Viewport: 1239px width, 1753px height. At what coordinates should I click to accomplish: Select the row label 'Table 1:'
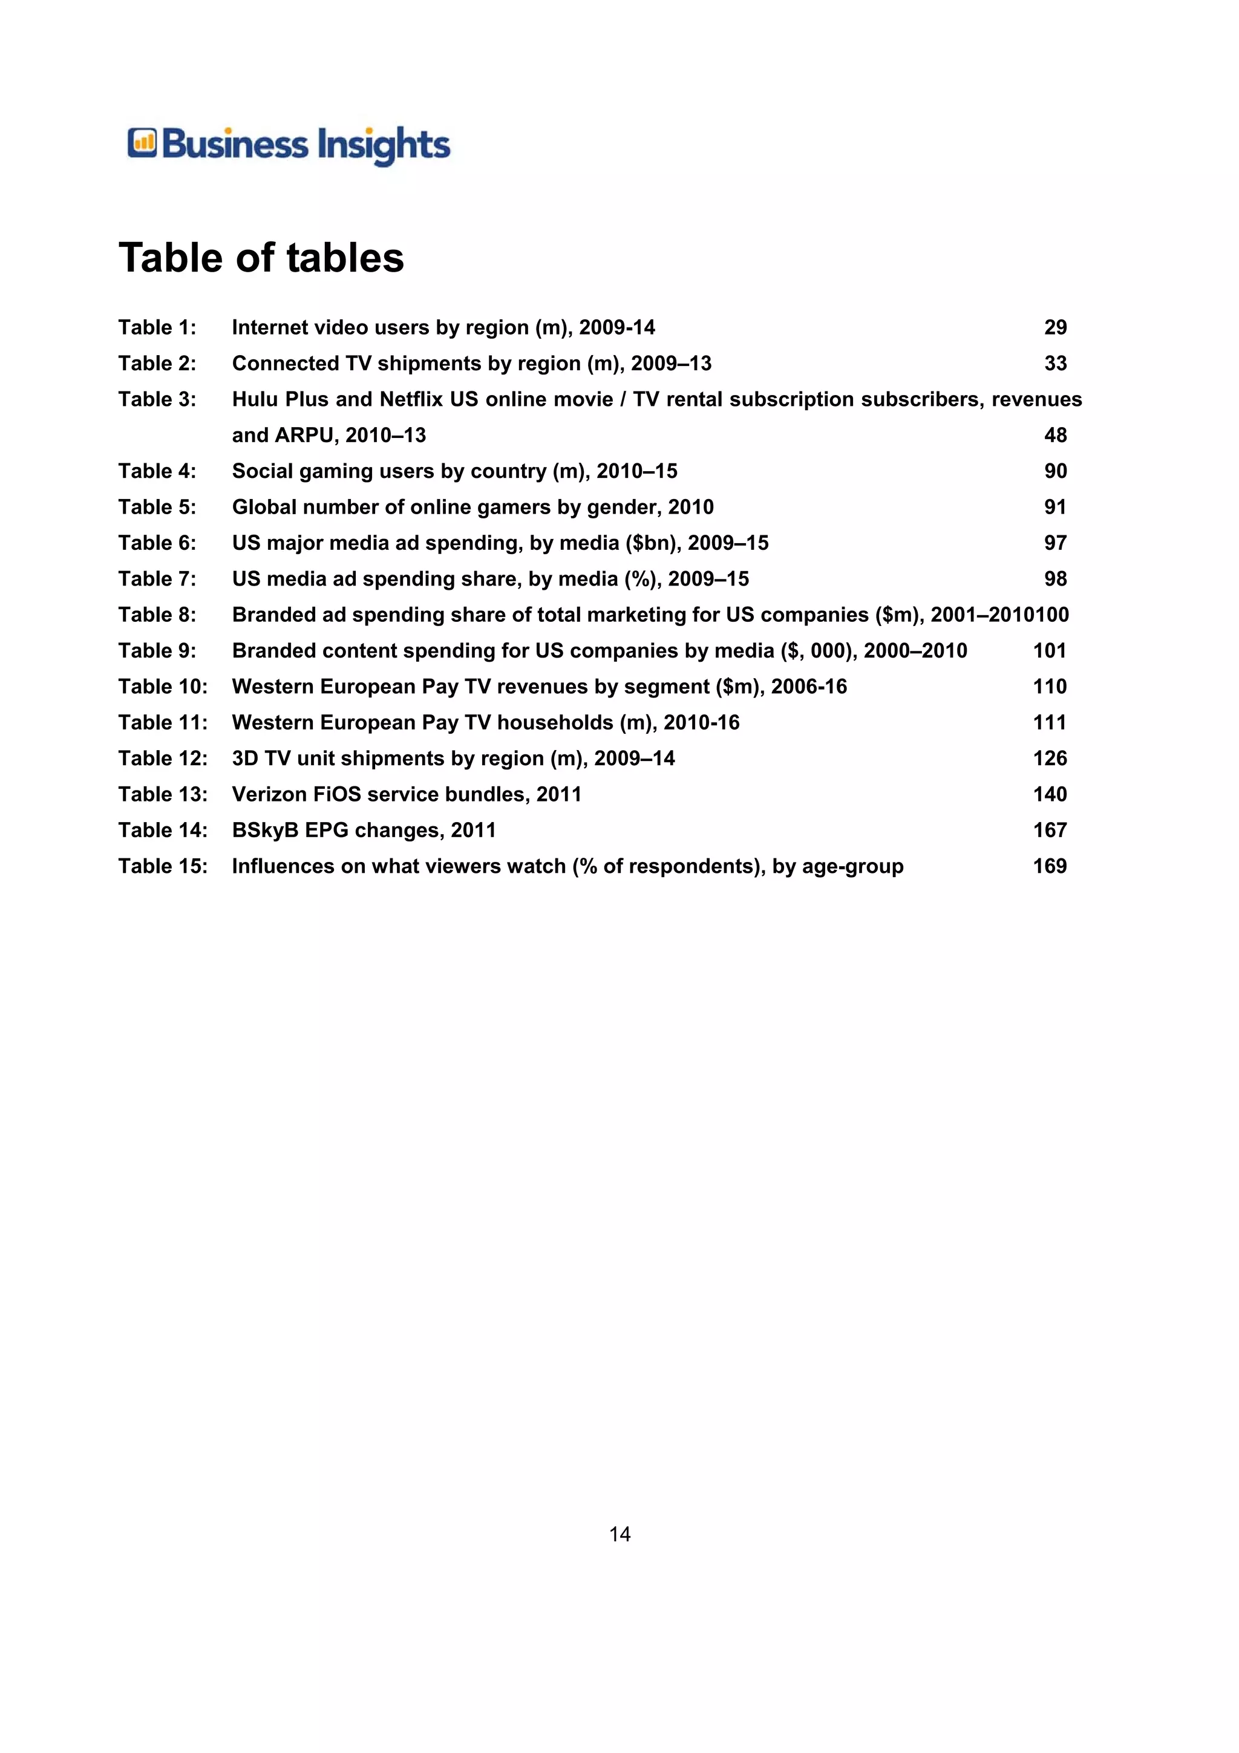[157, 327]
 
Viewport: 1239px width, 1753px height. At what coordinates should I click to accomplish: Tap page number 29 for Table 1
[1055, 327]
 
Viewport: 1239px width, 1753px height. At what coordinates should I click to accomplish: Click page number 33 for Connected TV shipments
[1055, 364]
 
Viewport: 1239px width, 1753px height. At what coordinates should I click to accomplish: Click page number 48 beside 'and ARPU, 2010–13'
[1055, 435]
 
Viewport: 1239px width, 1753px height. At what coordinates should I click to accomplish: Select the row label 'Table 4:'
[157, 471]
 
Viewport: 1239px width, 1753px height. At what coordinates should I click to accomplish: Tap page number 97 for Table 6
[1055, 543]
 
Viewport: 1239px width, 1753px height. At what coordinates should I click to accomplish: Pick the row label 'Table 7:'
[157, 579]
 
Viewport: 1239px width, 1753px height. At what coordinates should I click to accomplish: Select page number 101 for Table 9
[1050, 650]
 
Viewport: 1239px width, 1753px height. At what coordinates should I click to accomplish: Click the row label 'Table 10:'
[163, 687]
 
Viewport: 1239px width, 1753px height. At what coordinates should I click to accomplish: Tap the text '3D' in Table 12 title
[245, 758]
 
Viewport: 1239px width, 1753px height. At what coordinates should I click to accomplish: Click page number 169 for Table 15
[1050, 866]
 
